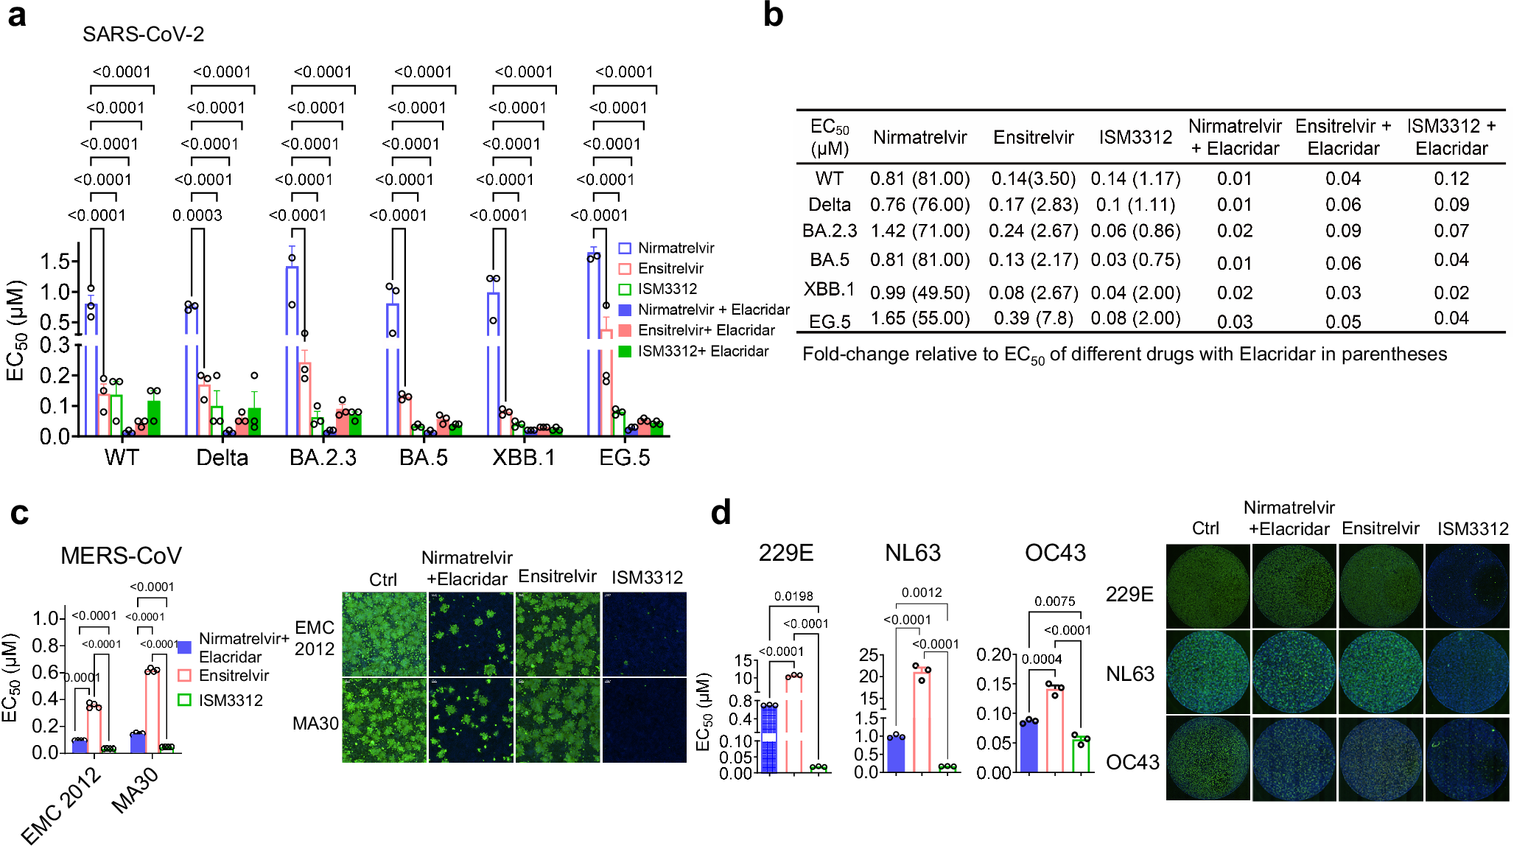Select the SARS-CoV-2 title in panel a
pos(143,34)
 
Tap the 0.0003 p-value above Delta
pos(197,215)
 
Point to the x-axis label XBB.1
pos(523,458)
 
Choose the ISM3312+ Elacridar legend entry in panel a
pos(703,352)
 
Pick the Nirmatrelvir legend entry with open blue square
pos(676,248)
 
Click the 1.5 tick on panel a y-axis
pos(55,261)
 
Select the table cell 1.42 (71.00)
pos(919,231)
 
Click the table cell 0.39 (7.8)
pos(1033,318)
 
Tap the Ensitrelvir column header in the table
pos(1033,137)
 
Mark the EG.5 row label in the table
pos(830,321)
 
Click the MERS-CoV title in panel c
pos(121,556)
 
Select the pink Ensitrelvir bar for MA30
pos(153,712)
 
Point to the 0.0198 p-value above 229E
pos(793,596)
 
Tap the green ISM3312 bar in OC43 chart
pos(1081,755)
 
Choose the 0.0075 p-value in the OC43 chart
pos(1054,601)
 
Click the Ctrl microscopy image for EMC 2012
pos(384,634)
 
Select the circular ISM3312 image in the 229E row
pos(1467,586)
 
